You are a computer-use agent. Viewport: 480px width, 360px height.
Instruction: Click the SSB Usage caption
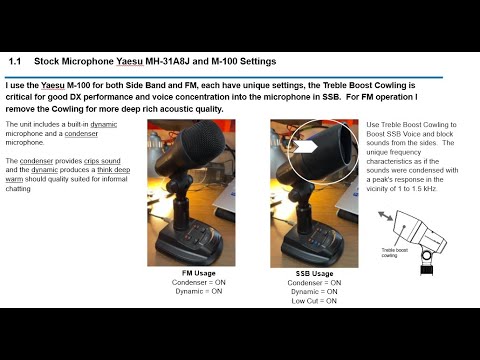[x=315, y=273]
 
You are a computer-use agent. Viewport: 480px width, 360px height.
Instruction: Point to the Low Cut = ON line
[x=314, y=299]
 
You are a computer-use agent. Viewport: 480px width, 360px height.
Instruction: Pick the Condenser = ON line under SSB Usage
[x=314, y=282]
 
